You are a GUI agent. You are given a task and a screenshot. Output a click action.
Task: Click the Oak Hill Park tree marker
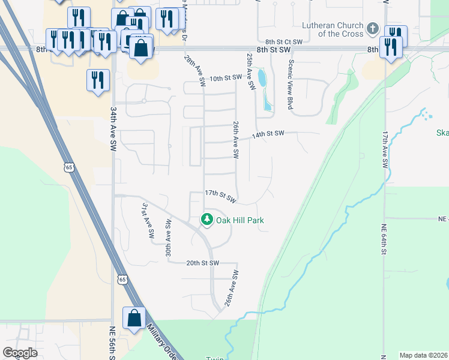pyautogui.click(x=207, y=220)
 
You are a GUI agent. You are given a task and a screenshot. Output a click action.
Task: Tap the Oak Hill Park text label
pyautogui.click(x=240, y=221)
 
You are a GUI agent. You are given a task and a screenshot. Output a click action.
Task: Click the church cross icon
pyautogui.click(x=372, y=28)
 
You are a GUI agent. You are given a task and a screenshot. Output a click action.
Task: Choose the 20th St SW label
pyautogui.click(x=202, y=263)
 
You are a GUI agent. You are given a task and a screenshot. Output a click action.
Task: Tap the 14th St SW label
pyautogui.click(x=267, y=135)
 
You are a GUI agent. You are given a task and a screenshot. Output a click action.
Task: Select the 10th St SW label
pyautogui.click(x=225, y=78)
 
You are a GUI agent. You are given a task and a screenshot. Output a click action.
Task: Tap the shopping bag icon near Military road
pyautogui.click(x=134, y=318)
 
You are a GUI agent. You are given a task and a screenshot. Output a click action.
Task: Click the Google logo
pyautogui.click(x=20, y=353)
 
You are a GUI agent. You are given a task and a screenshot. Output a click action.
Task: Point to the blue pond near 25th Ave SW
pyautogui.click(x=262, y=78)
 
